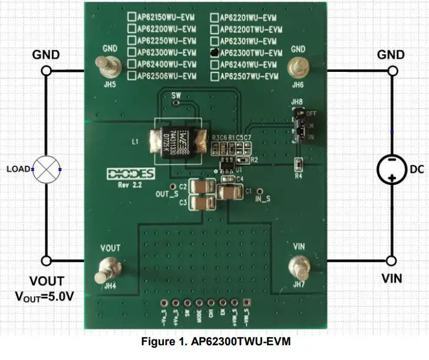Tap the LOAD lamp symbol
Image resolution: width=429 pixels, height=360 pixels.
click(x=47, y=169)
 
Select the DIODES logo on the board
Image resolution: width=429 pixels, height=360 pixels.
click(x=130, y=174)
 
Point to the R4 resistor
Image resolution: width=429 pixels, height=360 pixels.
click(x=299, y=163)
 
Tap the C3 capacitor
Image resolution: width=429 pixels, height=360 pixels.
click(x=202, y=203)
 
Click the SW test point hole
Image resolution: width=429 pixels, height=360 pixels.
click(x=174, y=103)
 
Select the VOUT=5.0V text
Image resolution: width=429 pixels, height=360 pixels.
click(x=45, y=296)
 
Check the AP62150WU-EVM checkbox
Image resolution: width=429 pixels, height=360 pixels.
click(x=132, y=17)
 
